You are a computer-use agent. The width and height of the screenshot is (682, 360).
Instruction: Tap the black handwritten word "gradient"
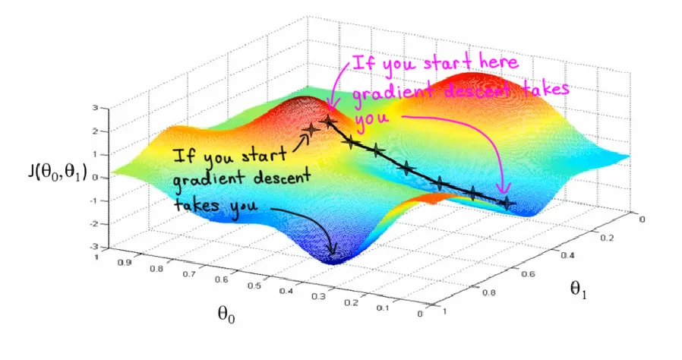200,180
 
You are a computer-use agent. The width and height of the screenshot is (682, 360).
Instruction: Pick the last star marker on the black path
507,203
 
